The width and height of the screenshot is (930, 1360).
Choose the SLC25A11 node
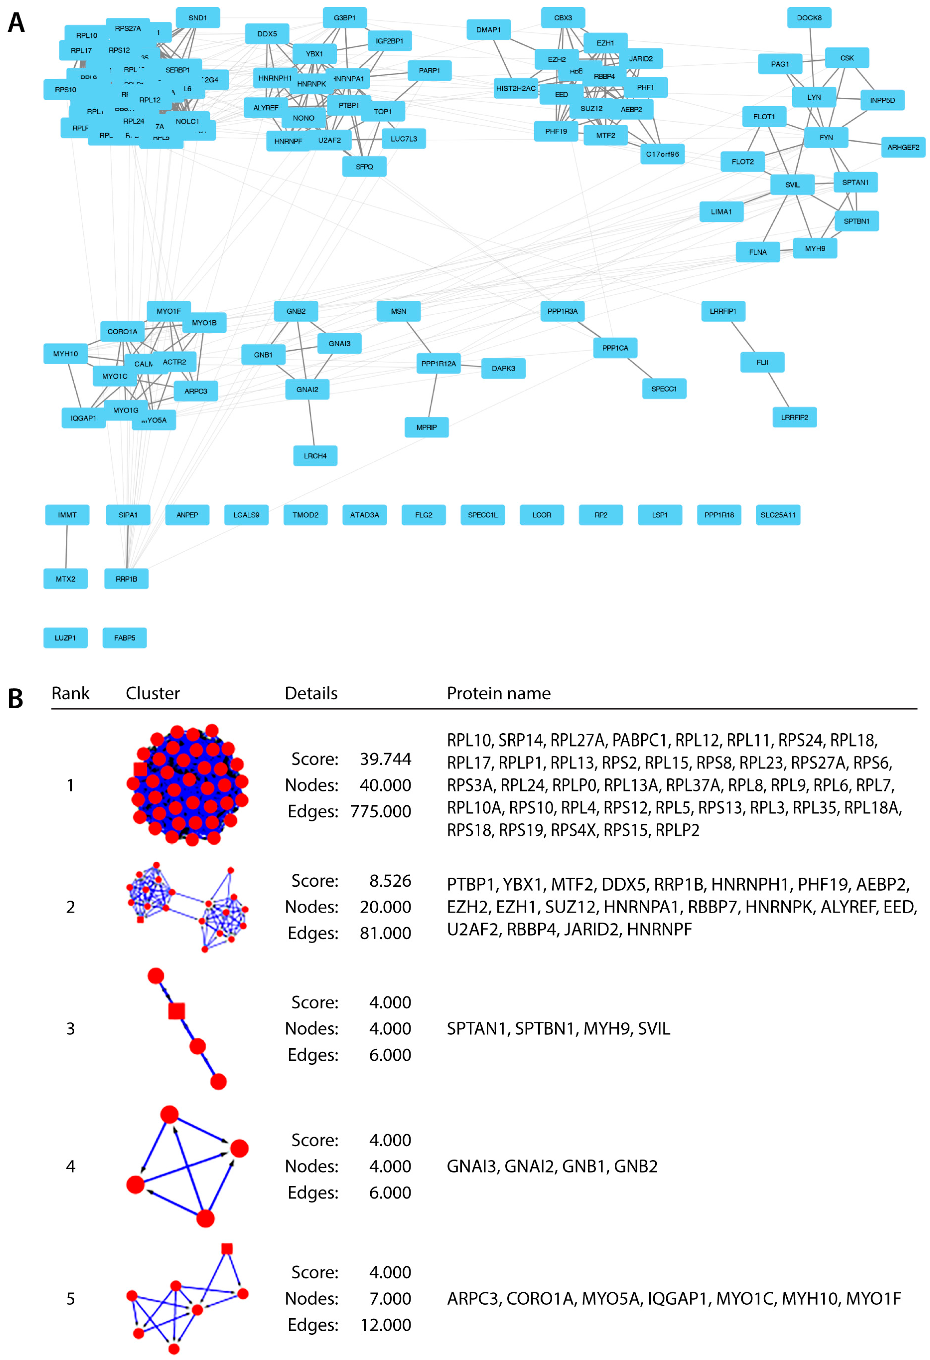point(778,515)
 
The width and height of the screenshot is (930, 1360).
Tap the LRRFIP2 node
point(794,417)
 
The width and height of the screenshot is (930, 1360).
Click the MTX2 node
point(65,579)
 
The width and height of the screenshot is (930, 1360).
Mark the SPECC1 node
point(664,389)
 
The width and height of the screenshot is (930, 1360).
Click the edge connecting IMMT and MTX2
point(67,547)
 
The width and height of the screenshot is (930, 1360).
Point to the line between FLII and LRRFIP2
point(778,390)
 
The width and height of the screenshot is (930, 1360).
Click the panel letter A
point(16,23)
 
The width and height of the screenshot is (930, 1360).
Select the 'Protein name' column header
point(498,693)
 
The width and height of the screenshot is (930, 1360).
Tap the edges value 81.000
point(385,933)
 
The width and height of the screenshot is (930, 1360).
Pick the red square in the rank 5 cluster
point(227,1249)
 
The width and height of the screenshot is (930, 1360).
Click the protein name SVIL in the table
point(654,1029)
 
